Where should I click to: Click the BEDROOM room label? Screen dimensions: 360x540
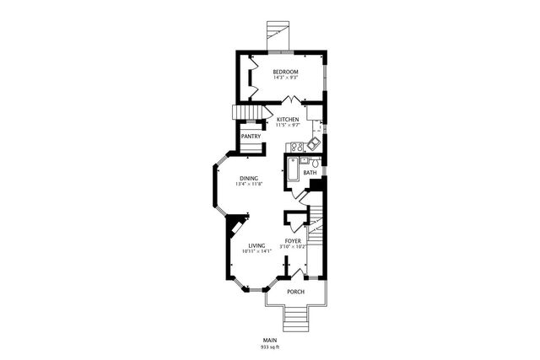tap(285, 73)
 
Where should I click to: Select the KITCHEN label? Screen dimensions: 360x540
tap(288, 120)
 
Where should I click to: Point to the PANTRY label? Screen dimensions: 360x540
tap(250, 137)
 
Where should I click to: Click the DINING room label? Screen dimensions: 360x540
tap(248, 178)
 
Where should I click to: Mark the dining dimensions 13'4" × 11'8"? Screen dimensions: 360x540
tap(248, 185)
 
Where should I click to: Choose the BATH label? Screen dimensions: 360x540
tap(310, 173)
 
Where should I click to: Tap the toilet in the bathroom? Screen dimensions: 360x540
tap(315, 161)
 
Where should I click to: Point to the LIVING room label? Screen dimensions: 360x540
tap(256, 245)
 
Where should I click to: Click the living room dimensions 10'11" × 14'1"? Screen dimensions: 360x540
tap(256, 251)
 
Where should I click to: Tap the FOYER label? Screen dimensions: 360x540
tap(293, 241)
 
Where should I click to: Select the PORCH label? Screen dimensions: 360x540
tap(295, 292)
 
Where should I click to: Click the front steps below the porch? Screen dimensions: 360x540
tap(295, 319)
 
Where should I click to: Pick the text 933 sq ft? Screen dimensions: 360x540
tap(270, 347)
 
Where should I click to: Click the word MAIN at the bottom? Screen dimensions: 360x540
tap(270, 340)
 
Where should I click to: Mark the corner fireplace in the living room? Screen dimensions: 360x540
tap(234, 226)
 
